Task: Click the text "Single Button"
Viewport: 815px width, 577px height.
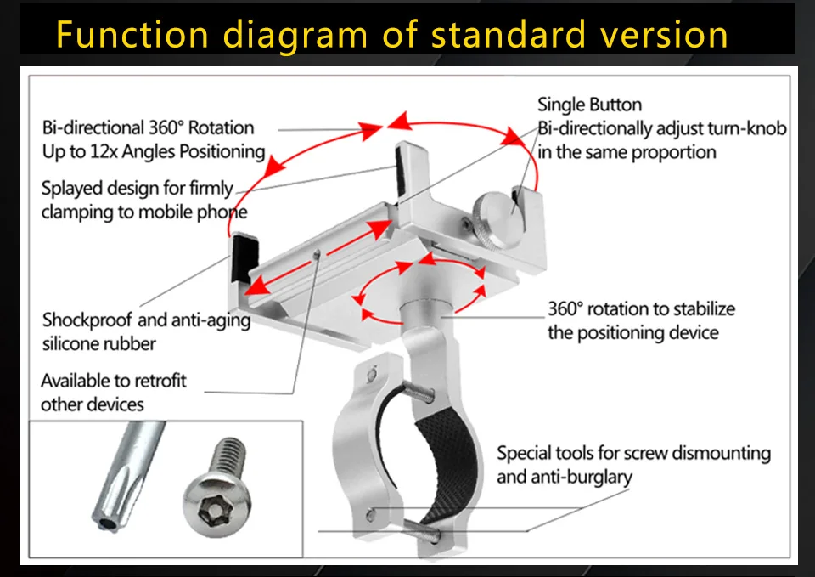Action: pyautogui.click(x=589, y=105)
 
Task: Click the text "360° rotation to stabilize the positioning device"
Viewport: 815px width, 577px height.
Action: pyautogui.click(x=640, y=320)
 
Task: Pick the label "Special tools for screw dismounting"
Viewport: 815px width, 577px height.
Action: pyautogui.click(x=633, y=453)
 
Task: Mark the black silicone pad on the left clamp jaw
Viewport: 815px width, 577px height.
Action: pyautogui.click(x=242, y=256)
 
